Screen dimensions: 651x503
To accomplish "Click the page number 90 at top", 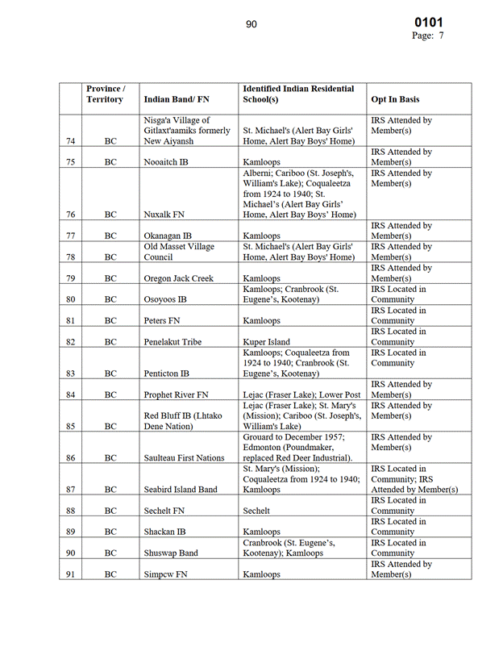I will [x=251, y=24].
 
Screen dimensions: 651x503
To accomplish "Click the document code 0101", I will [x=428, y=22].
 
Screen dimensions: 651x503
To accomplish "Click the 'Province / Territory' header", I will [x=105, y=94].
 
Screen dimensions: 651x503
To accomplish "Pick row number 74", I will [x=71, y=141].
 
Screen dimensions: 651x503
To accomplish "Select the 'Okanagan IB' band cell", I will [x=169, y=236].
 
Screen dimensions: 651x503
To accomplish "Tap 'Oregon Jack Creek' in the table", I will [x=179, y=278].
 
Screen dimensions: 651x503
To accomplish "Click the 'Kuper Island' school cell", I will [x=267, y=342].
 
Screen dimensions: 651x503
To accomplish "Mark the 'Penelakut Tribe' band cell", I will [x=173, y=342].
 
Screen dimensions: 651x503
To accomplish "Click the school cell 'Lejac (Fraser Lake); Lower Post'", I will [x=302, y=395].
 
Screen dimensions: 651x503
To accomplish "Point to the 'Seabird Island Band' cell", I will [x=181, y=490].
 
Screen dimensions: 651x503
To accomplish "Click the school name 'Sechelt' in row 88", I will [x=256, y=511].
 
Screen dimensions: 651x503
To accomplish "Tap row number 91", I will [x=71, y=574].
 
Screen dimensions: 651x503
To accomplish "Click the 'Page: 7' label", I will [x=428, y=35].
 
